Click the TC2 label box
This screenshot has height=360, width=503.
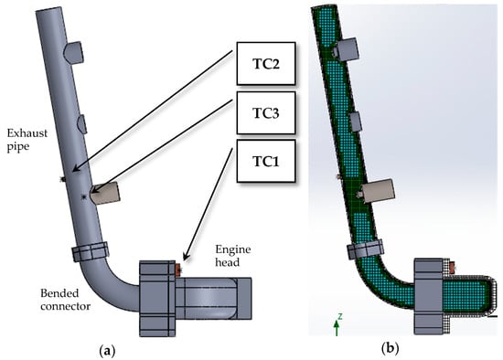pos(266,63)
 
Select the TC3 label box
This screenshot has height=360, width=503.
pos(266,112)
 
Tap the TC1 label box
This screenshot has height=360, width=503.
pos(266,161)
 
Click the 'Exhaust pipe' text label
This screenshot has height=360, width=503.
pos(27,140)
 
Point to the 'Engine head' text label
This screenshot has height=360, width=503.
pos(233,256)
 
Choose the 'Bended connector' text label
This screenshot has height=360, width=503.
pos(65,300)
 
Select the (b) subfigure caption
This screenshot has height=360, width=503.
pos(391,348)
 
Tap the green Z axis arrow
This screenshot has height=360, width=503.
pos(337,328)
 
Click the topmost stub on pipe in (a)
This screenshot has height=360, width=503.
pos(74,52)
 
